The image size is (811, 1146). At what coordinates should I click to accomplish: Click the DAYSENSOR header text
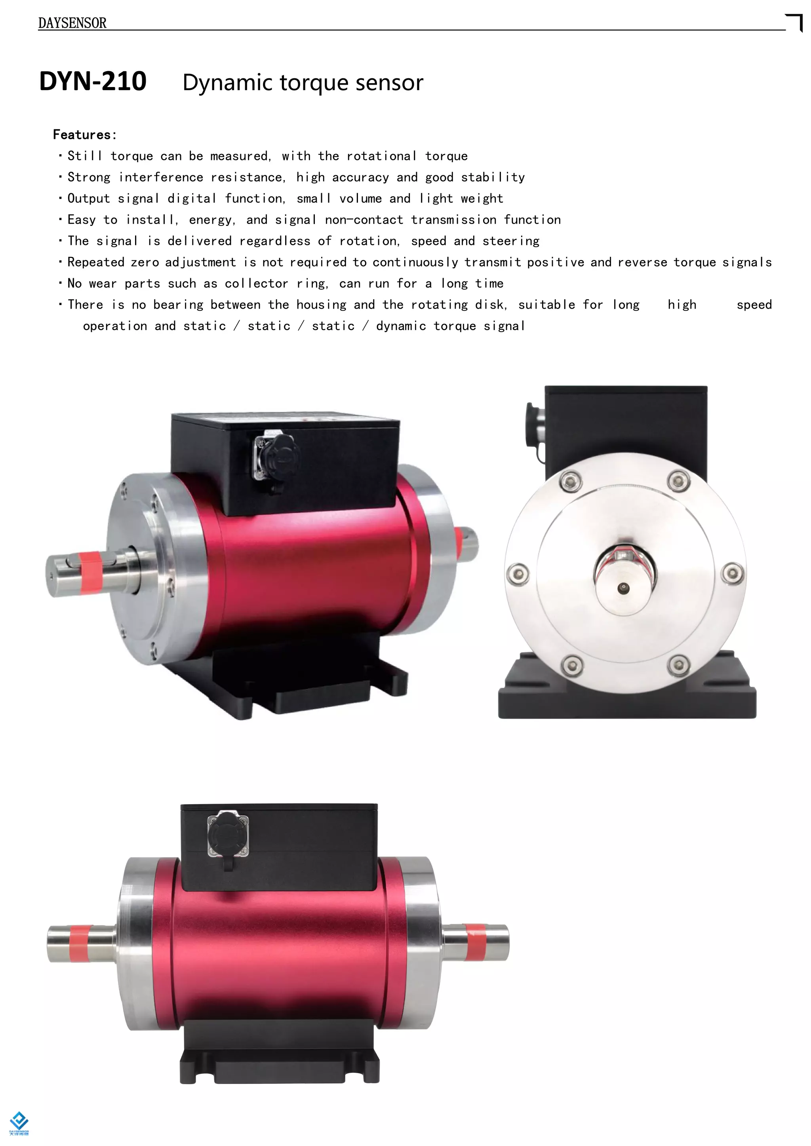72,23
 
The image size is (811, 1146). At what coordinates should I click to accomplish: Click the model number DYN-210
93,82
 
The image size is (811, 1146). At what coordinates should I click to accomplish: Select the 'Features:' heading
85,135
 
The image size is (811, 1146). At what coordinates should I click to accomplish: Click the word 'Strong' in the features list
89,177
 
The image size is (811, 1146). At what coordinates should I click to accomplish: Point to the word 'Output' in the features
88,199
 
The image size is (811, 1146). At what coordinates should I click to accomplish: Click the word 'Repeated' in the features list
95,262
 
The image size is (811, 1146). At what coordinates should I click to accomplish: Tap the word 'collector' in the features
256,283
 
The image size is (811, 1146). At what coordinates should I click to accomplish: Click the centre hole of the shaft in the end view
623,588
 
